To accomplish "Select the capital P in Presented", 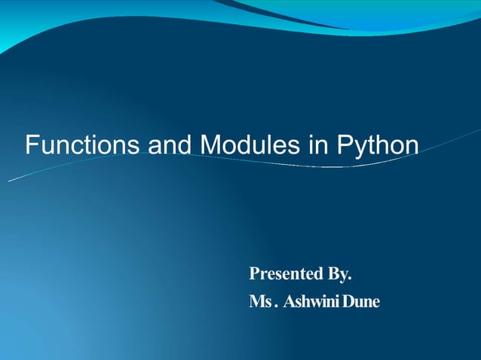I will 254,272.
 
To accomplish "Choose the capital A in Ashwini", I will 289,302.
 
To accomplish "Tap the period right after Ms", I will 276,307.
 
